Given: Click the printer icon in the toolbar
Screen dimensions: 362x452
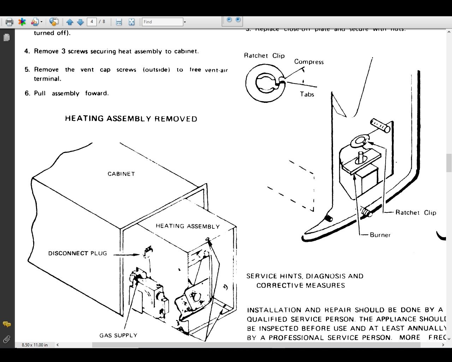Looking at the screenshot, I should (9, 22).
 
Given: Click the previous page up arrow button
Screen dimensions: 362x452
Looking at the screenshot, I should (70, 22).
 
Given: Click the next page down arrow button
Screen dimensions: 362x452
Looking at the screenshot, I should (80, 22).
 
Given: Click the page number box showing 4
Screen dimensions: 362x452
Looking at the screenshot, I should (92, 22).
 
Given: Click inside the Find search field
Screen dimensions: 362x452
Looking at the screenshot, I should (162, 22).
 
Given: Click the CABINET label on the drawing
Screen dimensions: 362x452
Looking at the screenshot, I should (121, 174).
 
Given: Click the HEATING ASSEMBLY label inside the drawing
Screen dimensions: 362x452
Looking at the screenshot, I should (188, 226).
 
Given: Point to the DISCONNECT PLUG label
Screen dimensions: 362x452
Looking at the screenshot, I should (77, 253).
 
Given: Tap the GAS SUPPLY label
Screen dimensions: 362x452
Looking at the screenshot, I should (118, 335).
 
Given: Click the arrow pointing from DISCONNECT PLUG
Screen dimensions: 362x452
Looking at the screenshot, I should (127, 254).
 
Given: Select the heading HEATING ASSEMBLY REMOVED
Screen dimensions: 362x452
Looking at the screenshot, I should (131, 119).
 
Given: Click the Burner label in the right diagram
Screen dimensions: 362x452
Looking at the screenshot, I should (380, 235).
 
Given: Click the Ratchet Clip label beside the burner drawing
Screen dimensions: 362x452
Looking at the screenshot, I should (416, 212).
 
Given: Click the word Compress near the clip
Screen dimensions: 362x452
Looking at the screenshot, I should (309, 62).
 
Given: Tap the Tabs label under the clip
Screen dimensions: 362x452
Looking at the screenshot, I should (307, 94).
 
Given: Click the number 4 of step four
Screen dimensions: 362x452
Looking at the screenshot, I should (27, 51).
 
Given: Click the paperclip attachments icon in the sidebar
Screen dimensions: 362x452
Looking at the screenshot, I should (6, 340).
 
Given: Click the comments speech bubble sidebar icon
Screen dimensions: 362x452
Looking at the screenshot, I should (6, 324).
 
